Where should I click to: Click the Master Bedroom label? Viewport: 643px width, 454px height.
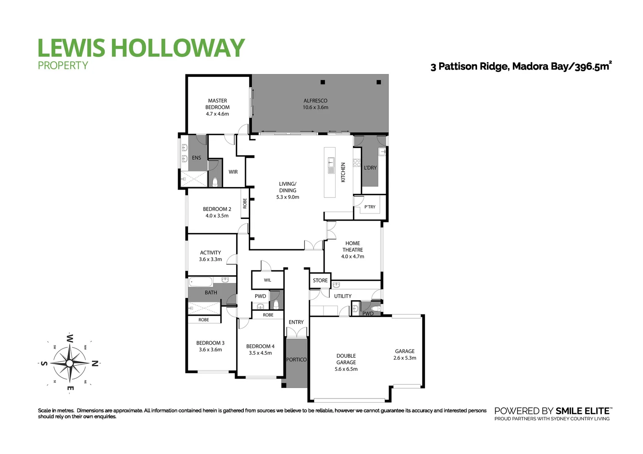point(217,104)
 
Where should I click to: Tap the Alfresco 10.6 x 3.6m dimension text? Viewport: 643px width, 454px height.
point(315,108)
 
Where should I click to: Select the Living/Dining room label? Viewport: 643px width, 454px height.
point(288,187)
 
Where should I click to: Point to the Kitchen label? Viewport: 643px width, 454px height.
point(343,172)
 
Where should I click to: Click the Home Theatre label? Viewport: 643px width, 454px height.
point(352,246)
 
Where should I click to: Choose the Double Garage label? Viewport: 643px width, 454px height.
point(346,359)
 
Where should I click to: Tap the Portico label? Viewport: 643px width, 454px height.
point(296,360)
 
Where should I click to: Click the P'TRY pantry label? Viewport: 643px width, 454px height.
point(370,207)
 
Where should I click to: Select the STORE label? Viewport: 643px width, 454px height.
point(320,280)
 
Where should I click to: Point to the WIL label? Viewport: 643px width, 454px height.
point(267,280)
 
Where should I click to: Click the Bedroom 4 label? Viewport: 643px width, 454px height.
point(260,346)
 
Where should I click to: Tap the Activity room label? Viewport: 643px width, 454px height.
point(211,253)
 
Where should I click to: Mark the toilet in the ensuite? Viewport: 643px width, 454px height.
point(215,182)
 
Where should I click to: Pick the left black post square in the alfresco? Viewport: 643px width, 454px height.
point(323,82)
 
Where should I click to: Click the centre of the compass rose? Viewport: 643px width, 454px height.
point(70,363)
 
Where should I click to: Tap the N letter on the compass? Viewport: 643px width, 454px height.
point(95,363)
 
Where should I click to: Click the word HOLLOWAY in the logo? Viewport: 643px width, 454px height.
point(177,48)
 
